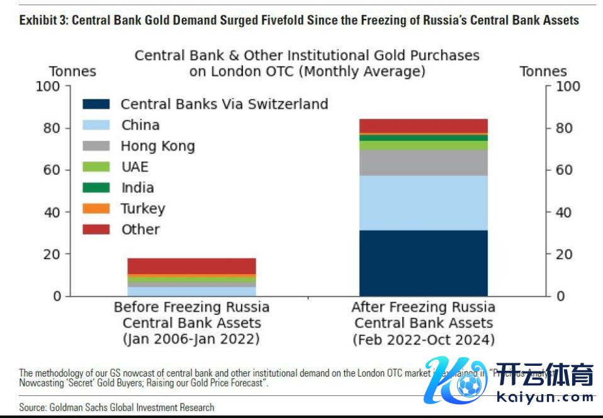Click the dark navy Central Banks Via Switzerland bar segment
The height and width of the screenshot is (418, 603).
click(423, 263)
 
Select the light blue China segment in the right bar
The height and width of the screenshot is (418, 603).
click(423, 202)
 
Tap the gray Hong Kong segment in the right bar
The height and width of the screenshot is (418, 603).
click(423, 162)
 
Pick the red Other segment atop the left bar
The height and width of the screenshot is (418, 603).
click(191, 266)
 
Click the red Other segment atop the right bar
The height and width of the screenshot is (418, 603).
click(423, 126)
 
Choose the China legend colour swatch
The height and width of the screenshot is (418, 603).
click(96, 125)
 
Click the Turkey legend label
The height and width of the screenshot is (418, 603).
click(143, 209)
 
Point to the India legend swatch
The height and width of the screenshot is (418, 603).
click(96, 188)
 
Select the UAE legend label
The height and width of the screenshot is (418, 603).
click(135, 167)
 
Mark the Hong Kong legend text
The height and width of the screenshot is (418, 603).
click(157, 146)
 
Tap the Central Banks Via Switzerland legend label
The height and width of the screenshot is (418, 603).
click(224, 104)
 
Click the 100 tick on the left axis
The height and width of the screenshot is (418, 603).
click(47, 86)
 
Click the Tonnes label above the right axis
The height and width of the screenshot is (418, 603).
click(543, 71)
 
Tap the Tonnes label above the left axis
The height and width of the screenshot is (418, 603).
click(72, 71)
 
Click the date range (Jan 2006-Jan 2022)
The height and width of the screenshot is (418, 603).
click(191, 339)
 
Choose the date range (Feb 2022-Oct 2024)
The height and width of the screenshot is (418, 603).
click(423, 339)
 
